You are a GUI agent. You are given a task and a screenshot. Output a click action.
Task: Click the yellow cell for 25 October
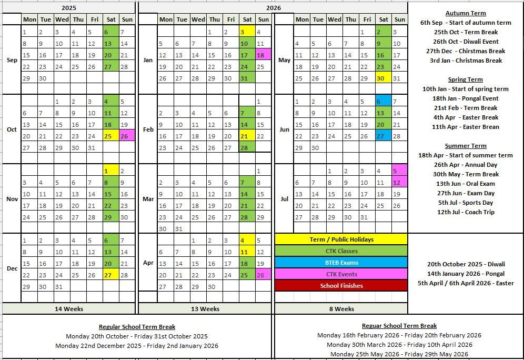coord(110,136)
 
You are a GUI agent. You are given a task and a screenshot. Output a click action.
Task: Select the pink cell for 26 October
coord(127,136)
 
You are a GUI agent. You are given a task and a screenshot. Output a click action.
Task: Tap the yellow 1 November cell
coord(110,171)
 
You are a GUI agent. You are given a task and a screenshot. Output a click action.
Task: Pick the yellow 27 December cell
coord(110,275)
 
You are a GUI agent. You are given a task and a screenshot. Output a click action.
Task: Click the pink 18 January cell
coord(263,55)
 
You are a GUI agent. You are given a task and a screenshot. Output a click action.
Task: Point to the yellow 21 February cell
coord(247,136)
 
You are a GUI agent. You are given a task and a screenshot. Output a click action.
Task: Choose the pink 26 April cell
coord(263,275)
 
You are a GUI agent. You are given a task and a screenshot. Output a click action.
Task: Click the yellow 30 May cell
coord(384,78)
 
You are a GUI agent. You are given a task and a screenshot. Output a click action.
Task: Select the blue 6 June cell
coord(384,101)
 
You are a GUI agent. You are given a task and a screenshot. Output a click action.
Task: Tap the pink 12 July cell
coord(400,182)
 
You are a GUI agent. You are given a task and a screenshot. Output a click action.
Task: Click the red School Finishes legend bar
coord(341,286)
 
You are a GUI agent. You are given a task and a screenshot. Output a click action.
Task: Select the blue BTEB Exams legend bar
coord(341,263)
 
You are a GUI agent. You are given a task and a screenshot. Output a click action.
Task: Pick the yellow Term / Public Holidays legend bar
coord(341,239)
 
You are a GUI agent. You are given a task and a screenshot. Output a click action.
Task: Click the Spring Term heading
coord(466,79)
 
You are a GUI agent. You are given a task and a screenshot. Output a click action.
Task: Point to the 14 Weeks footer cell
coord(69,309)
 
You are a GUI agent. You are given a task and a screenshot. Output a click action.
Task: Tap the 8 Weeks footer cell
coord(341,309)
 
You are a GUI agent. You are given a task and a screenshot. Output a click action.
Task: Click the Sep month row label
coord(12,60)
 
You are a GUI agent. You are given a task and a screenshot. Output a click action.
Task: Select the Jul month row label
coord(284,199)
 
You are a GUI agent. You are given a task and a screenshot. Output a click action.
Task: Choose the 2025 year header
coord(69,8)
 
